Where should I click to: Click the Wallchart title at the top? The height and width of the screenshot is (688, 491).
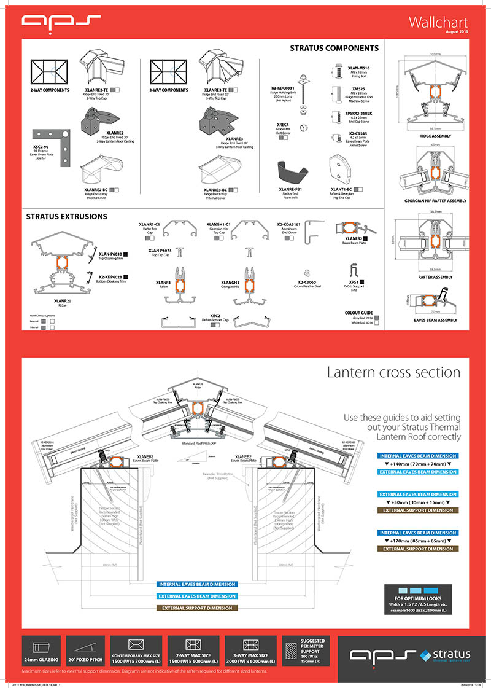coord(438,22)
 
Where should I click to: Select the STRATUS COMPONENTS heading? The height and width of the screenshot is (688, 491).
coord(334,48)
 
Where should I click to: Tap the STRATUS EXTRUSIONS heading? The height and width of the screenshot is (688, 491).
coord(66,216)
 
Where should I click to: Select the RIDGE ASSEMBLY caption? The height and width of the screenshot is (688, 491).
coord(435,135)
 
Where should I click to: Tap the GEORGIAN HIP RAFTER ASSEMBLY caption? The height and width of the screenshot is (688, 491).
coord(436,201)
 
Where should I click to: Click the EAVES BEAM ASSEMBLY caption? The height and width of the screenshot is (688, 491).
coord(436,320)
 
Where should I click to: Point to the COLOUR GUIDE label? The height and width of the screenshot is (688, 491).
coord(359,313)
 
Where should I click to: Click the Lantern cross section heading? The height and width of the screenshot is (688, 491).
coord(393,372)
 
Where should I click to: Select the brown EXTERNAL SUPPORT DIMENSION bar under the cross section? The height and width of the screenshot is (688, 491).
coord(198,608)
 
